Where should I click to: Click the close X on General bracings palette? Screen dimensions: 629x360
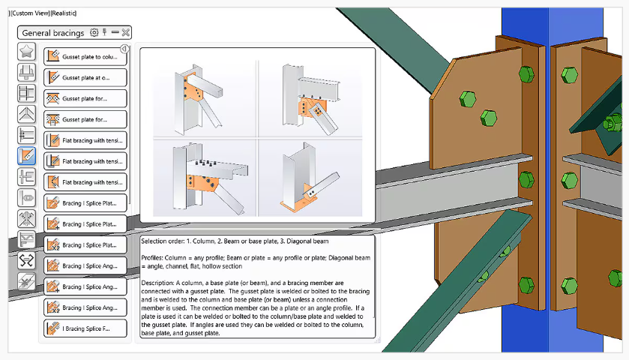click(x=126, y=32)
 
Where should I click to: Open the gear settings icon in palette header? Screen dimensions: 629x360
click(x=94, y=32)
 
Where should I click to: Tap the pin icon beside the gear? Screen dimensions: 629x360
click(x=105, y=32)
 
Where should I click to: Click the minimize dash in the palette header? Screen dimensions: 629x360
click(x=115, y=32)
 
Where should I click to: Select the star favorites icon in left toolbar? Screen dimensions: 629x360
click(x=26, y=51)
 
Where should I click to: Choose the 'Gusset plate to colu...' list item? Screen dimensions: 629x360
click(x=85, y=56)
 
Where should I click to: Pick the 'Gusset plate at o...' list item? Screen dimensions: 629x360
click(x=85, y=77)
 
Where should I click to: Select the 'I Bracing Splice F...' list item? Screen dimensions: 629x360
click(x=85, y=328)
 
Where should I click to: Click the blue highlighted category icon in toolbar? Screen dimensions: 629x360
click(x=26, y=156)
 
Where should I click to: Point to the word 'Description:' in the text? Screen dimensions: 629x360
click(x=157, y=283)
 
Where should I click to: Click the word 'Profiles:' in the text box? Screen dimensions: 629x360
click(x=152, y=258)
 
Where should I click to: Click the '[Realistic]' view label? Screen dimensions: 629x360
click(x=64, y=13)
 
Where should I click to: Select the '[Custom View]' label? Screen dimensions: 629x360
click(x=31, y=13)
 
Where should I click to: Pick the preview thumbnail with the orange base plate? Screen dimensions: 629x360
click(x=310, y=178)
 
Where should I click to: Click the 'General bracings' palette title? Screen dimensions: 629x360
click(x=53, y=33)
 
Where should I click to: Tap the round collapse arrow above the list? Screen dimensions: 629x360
click(x=124, y=49)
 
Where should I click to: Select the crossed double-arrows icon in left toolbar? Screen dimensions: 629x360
click(x=26, y=260)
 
